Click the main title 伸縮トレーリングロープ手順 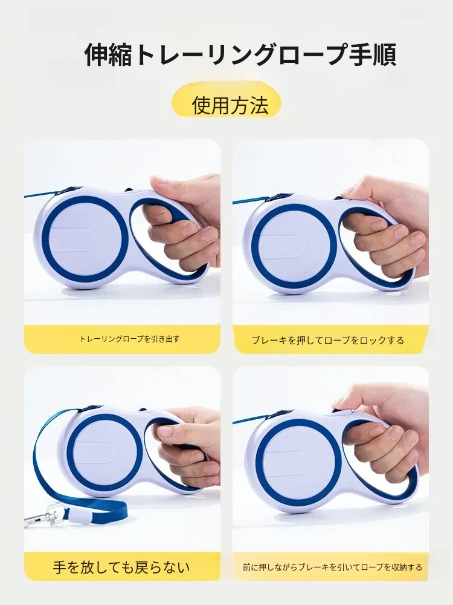[x=240, y=55]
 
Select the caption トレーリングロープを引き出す [x=129, y=339]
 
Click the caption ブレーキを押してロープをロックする [x=328, y=340]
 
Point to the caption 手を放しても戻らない [x=121, y=567]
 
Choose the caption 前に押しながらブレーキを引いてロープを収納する [x=332, y=567]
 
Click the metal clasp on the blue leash [x=42, y=517]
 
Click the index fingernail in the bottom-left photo [x=165, y=431]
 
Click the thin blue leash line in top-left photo [x=43, y=193]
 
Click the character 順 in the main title [x=384, y=55]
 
